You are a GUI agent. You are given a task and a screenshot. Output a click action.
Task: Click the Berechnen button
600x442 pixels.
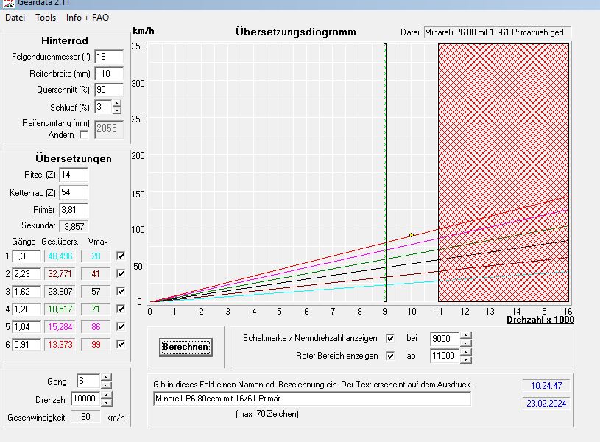point(186,347)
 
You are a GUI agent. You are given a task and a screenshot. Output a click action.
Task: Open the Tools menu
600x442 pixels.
point(46,18)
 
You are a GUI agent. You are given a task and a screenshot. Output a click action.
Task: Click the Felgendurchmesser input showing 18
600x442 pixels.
point(108,57)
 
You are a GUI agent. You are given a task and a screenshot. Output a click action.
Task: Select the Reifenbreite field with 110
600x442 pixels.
point(108,74)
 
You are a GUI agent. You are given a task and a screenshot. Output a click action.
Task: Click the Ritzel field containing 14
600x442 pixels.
point(73,175)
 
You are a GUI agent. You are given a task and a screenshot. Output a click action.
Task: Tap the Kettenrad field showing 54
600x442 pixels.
point(73,193)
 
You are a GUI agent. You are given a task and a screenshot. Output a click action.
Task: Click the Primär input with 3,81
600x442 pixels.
point(73,210)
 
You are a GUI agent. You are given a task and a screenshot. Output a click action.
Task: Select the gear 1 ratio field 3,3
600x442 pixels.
point(26,256)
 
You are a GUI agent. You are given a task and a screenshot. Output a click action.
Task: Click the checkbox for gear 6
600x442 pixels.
point(121,344)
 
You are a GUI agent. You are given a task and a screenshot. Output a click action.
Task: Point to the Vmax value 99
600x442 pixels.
point(96,344)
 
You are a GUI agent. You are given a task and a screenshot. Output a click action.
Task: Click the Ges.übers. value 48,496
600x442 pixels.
point(60,256)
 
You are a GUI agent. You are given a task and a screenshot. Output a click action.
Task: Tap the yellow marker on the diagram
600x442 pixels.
point(412,235)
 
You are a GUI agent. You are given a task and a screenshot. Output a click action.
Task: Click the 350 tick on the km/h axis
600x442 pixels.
point(138,46)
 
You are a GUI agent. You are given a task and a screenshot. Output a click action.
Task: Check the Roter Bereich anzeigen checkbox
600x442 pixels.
point(391,356)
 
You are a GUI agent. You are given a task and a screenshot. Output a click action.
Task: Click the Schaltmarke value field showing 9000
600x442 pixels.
point(444,339)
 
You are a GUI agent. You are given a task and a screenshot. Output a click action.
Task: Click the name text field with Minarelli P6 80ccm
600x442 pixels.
point(311,399)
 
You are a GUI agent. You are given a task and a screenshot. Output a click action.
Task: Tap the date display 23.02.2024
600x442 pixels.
point(546,403)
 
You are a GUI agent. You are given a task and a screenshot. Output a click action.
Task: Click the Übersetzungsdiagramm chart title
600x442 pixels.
point(296,32)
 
